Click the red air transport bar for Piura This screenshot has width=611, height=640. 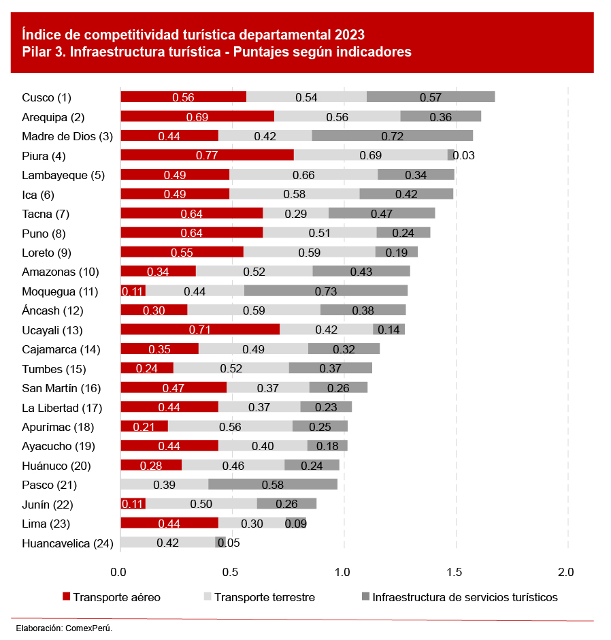pos(207,155)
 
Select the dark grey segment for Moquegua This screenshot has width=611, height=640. pos(325,291)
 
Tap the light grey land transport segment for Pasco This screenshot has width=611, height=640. pos(164,485)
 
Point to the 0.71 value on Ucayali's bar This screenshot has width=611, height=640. pos(201,330)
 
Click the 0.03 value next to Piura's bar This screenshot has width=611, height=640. pos(463,155)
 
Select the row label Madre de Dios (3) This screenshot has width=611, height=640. pos(67,136)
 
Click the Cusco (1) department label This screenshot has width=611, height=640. pos(46,97)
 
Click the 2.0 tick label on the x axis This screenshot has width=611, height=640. pos(566,571)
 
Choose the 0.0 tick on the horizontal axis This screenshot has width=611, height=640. pos(120,571)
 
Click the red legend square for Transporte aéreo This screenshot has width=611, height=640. pos(66,597)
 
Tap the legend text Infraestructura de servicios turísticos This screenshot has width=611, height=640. pos(465,597)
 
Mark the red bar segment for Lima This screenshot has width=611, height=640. pos(169,524)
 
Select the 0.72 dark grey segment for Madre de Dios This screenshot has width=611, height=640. pos(392,136)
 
